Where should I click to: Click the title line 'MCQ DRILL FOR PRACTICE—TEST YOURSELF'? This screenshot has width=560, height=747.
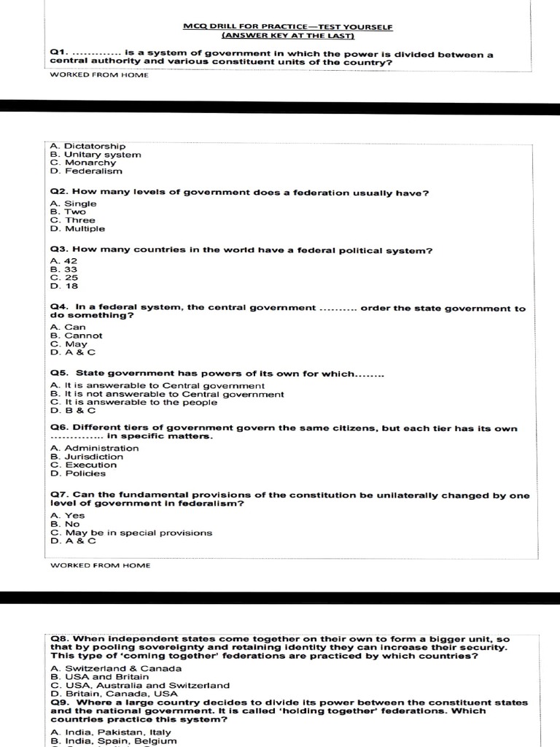tap(287, 27)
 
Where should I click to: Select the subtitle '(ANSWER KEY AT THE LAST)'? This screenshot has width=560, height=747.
tap(287, 36)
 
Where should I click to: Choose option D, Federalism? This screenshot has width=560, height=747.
tap(86, 171)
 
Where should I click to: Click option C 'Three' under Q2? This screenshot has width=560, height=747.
tap(73, 220)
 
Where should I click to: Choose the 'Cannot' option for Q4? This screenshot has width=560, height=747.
tap(77, 336)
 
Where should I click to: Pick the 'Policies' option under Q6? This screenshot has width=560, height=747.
tap(78, 473)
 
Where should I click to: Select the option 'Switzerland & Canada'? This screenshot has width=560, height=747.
tap(116, 668)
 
